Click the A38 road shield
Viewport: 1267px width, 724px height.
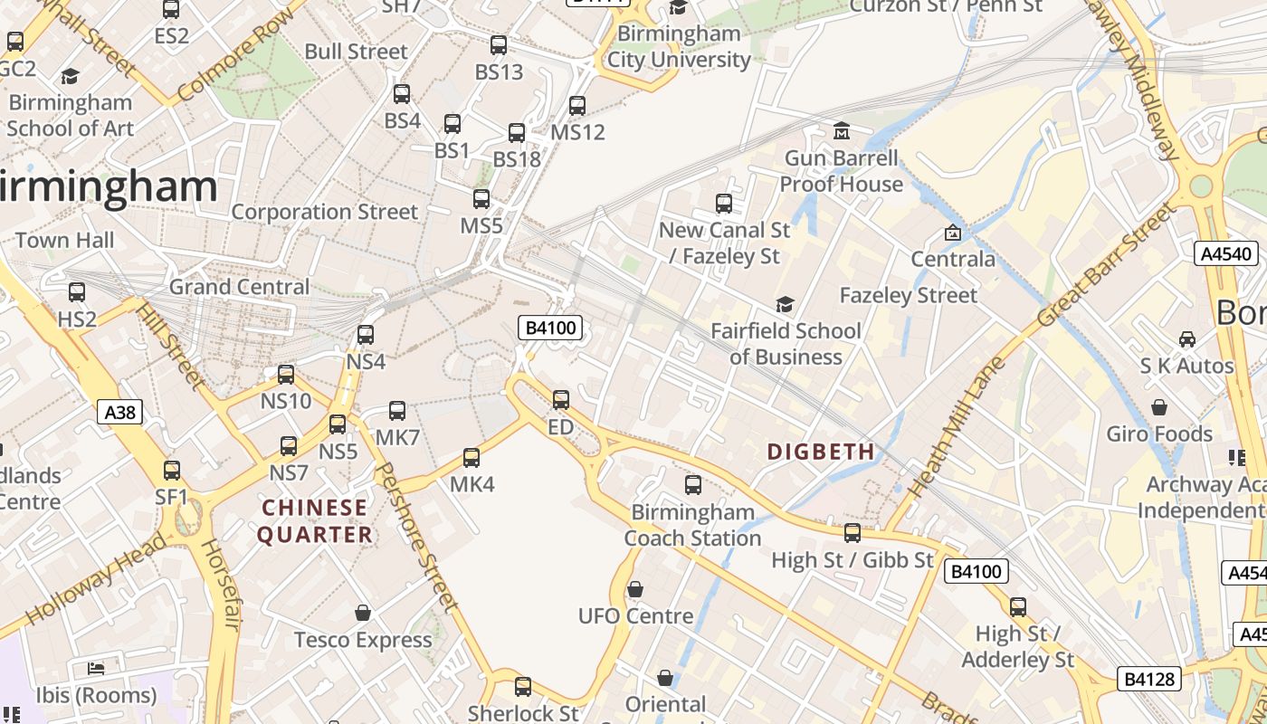(x=119, y=413)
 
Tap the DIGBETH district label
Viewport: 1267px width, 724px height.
(x=821, y=452)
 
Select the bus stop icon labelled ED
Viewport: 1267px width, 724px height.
(x=561, y=399)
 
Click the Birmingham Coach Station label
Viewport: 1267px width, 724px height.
(x=692, y=525)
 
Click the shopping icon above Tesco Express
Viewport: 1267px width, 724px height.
(x=363, y=613)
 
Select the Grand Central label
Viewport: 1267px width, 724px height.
(x=240, y=287)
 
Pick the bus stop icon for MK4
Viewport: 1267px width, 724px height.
(x=472, y=458)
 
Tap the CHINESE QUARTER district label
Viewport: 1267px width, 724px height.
(x=315, y=521)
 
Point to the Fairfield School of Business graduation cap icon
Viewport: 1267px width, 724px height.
(x=785, y=304)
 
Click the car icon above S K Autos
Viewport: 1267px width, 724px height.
(x=1186, y=339)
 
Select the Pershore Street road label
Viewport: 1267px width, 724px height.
(x=413, y=534)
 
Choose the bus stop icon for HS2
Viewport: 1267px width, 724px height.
(x=77, y=292)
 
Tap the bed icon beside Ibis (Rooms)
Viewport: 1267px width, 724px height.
(x=96, y=669)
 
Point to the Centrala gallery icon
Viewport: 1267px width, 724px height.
(x=952, y=233)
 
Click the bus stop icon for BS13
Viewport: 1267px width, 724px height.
(x=499, y=45)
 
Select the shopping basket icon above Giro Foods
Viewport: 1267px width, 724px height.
(x=1159, y=407)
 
